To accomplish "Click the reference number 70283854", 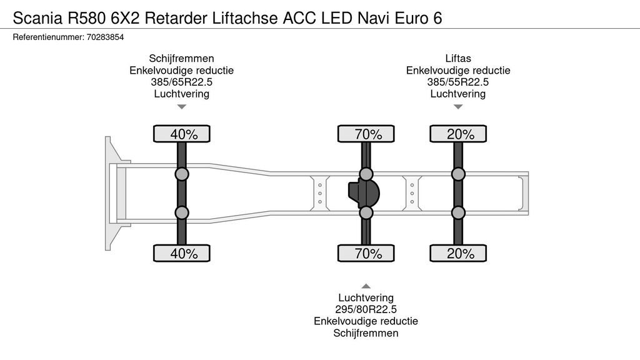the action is (105, 37).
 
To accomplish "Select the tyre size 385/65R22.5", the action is (182, 82).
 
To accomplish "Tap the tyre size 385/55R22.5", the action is (458, 82).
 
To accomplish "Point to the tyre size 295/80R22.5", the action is (366, 309).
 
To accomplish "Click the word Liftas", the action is (458, 58).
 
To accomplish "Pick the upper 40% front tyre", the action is (182, 134).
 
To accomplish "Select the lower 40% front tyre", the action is (182, 253).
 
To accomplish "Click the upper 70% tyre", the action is (366, 134).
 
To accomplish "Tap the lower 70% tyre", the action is (366, 253).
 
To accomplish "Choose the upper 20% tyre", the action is (458, 134).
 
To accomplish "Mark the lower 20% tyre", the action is (458, 253).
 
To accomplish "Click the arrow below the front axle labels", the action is (182, 107).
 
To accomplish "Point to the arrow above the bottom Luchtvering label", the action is (366, 286).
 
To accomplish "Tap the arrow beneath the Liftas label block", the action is (458, 107).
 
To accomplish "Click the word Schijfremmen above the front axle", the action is (182, 58).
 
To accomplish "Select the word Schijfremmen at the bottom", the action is (366, 333).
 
